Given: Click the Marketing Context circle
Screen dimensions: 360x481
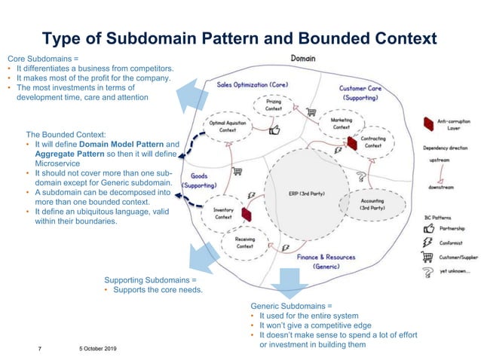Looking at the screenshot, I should click(341, 124).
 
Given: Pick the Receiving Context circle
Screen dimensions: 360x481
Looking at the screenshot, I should click(244, 243).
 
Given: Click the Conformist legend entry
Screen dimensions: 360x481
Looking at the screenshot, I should click(451, 243).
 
